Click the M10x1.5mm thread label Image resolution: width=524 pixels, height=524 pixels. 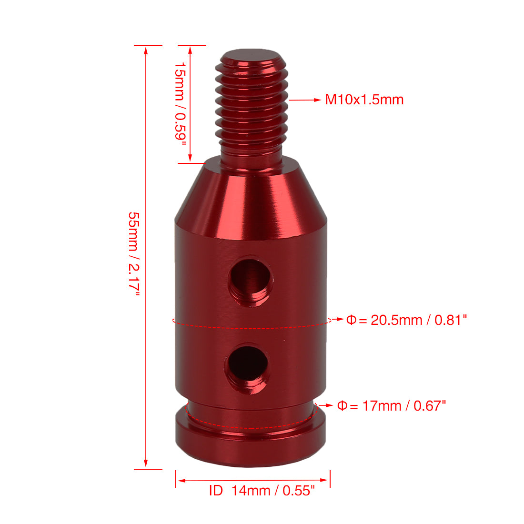coord(364,100)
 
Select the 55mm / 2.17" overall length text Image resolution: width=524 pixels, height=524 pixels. coord(134,253)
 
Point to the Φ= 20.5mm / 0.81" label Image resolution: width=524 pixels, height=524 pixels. coord(406,320)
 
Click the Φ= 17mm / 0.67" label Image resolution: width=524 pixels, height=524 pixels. coord(392,406)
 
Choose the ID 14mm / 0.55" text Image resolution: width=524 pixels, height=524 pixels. coord(262,491)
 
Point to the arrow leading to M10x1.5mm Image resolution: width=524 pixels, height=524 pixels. coord(305,100)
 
